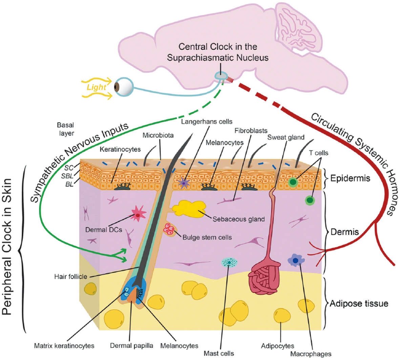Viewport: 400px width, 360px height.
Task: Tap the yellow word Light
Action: click(x=96, y=87)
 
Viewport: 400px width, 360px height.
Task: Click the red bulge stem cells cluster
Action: click(x=169, y=229)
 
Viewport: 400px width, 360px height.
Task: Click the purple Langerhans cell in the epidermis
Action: click(x=184, y=183)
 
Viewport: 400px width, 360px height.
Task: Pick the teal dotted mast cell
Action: click(x=229, y=262)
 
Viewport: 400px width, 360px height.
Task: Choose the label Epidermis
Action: click(x=350, y=178)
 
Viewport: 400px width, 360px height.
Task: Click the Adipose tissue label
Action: click(x=359, y=304)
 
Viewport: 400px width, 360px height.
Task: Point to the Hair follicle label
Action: click(x=71, y=277)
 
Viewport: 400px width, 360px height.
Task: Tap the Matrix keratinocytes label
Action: click(x=64, y=346)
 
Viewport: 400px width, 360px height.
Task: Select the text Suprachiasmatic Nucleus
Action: click(x=217, y=58)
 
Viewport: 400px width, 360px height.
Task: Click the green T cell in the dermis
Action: click(x=310, y=200)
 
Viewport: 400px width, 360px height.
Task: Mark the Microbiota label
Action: click(x=158, y=135)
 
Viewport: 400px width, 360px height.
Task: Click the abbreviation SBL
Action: click(x=67, y=176)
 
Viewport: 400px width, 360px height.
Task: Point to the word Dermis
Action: click(x=345, y=232)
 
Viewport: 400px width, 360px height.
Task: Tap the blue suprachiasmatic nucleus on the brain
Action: click(x=221, y=75)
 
